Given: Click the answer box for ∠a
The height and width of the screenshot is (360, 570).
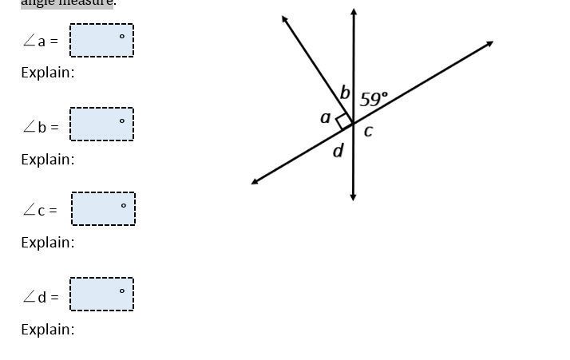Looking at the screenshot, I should tap(101, 40).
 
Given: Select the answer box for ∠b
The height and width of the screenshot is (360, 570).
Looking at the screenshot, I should tap(101, 124).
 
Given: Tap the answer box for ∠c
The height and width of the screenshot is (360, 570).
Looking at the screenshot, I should tap(103, 209).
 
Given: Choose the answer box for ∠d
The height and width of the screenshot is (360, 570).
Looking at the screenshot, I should tap(101, 295).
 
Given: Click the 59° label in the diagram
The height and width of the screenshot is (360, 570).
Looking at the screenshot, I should tap(374, 99).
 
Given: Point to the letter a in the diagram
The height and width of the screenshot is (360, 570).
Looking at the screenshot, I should tap(325, 117).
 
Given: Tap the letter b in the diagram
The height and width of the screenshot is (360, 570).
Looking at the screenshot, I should tap(345, 93).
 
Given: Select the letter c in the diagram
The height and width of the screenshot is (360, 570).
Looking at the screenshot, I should tap(368, 131).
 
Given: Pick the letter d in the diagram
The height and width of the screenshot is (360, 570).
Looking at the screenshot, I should tap(338, 150).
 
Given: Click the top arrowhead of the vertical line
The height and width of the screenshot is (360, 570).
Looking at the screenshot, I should tap(354, 13).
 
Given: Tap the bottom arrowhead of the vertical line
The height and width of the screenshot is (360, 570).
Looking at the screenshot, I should tap(353, 196).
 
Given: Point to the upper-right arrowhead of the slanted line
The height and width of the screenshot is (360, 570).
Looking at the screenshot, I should tap(489, 44).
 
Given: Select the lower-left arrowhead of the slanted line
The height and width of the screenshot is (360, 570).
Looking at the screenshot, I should tap(255, 181).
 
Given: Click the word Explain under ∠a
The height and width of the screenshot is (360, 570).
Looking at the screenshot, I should tap(47, 73).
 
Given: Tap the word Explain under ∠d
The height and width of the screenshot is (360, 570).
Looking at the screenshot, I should tap(47, 330).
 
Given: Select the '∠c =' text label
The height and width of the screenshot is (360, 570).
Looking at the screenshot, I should tap(40, 210).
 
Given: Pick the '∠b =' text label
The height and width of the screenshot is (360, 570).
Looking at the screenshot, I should tap(41, 126).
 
